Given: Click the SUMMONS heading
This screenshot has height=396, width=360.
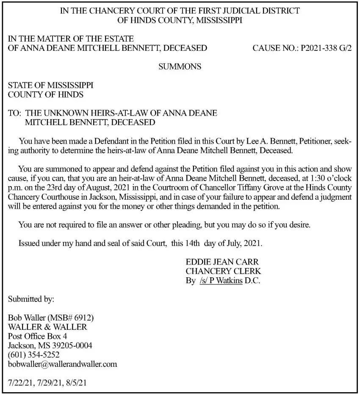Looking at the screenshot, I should coord(180,66).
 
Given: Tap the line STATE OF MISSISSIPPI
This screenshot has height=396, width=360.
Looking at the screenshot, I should coord(51,85).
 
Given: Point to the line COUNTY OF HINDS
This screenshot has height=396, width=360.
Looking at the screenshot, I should coord(46,95).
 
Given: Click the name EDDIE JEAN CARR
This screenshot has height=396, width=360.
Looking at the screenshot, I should coord(222,262).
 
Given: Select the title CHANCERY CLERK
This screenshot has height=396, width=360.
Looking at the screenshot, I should coord(223,271).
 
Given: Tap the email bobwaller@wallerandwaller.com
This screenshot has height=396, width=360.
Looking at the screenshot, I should coord(63,364).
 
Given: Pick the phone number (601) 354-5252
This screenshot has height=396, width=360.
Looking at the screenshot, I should coord(34,355).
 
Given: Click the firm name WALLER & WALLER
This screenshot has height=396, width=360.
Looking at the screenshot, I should coord(47,327).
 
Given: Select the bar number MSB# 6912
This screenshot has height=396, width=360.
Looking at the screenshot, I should coord(72,318).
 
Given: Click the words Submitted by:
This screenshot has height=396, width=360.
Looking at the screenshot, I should coord(31,299).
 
